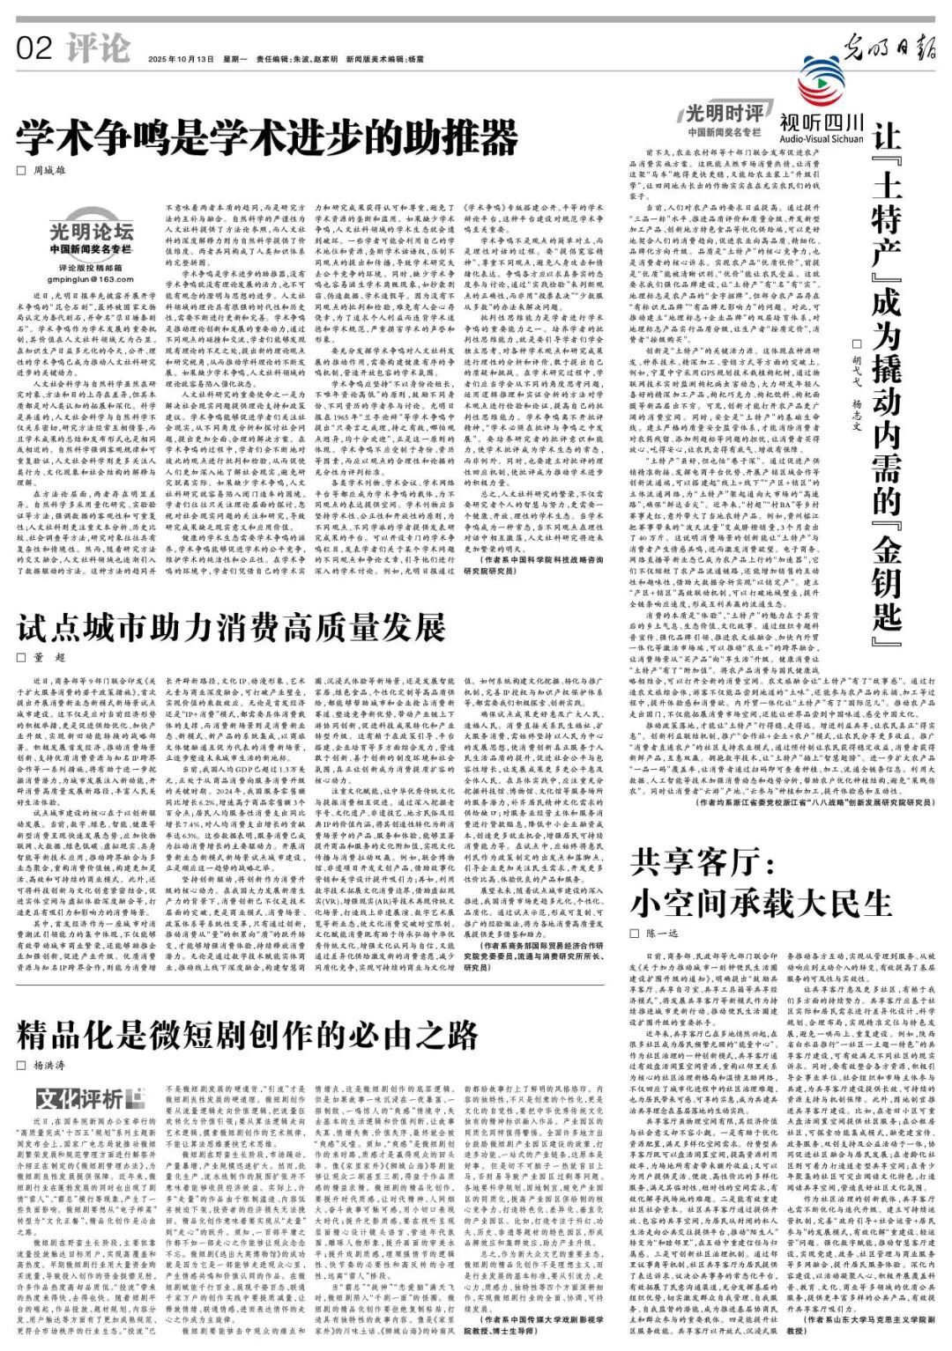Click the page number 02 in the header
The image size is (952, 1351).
[x=34, y=48]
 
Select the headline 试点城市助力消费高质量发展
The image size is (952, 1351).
[x=232, y=628]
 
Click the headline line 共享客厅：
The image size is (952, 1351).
[x=703, y=861]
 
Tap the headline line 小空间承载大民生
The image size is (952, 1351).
[x=762, y=902]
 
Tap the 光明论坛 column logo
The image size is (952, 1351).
[x=91, y=233]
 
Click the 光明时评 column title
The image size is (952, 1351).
[x=725, y=114]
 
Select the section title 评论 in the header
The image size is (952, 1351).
[x=98, y=48]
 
